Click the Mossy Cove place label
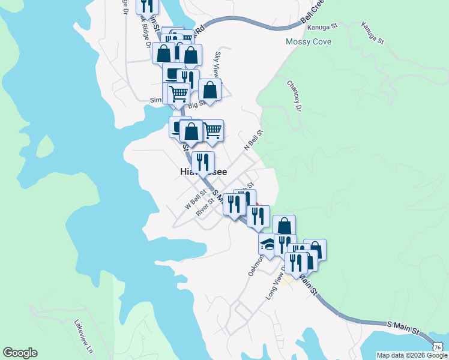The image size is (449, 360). coord(309,42)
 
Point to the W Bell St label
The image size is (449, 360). coord(196,197)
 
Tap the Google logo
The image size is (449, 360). coord(20,353)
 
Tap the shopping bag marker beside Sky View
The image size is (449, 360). coord(209,90)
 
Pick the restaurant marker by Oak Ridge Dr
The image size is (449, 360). coord(146,6)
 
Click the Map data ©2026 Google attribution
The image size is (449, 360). coord(412,355)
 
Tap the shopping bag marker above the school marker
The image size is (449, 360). coord(284,226)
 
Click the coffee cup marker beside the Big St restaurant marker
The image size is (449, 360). coord(173,74)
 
